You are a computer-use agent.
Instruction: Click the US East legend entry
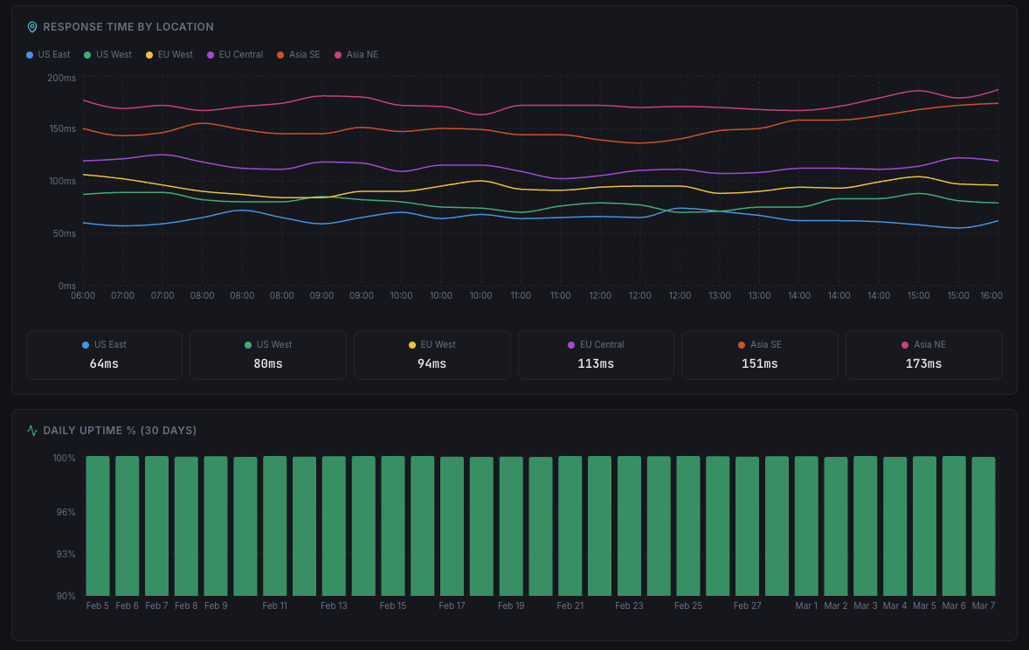pos(48,54)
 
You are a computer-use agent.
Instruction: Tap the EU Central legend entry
pos(235,54)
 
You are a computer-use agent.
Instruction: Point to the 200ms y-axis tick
pos(61,78)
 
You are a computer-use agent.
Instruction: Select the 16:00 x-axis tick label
pos(991,295)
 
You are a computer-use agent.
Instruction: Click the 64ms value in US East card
pos(104,363)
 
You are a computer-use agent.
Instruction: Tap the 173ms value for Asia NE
pos(923,363)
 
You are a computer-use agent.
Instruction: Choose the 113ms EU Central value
pos(596,363)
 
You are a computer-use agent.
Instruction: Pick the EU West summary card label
pos(432,344)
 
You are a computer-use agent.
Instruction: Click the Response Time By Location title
pos(128,27)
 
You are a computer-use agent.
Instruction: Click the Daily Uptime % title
pos(120,431)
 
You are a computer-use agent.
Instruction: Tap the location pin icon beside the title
pos(32,27)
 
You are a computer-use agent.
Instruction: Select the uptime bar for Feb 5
pos(98,526)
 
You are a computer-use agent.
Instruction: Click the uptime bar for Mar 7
pos(984,526)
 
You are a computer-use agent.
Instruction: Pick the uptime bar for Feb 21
pos(570,526)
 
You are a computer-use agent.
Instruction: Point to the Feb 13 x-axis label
pos(334,605)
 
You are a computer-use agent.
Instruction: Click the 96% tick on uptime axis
pos(66,512)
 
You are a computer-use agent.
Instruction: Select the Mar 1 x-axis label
pos(806,605)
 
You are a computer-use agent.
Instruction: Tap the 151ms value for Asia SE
pos(759,363)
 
